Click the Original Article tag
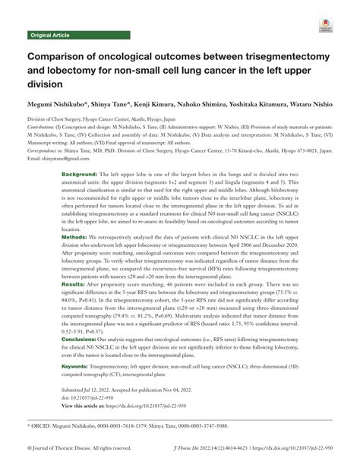coord(50,35)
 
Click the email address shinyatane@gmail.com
coord(58,157)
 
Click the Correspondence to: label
coord(48,150)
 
